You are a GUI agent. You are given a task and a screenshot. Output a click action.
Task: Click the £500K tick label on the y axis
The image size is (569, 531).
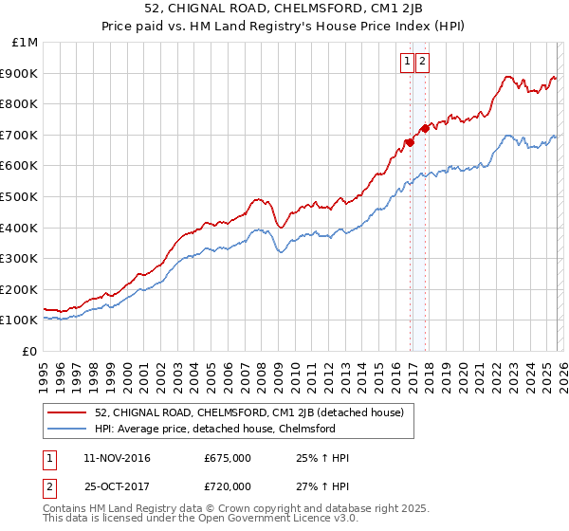19,196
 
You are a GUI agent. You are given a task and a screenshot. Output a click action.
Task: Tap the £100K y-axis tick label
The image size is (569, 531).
19,320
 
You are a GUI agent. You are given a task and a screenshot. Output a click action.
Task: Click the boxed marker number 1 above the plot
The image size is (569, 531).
408,63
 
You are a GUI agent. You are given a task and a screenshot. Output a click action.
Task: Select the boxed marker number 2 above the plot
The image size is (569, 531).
422,63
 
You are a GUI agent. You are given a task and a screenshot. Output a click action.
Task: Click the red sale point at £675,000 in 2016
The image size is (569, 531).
410,142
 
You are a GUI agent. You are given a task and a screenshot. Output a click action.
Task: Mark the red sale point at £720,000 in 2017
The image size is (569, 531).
425,128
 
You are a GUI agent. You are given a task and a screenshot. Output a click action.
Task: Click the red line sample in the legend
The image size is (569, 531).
69,412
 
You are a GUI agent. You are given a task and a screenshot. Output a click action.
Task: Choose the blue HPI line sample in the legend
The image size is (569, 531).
69,429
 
